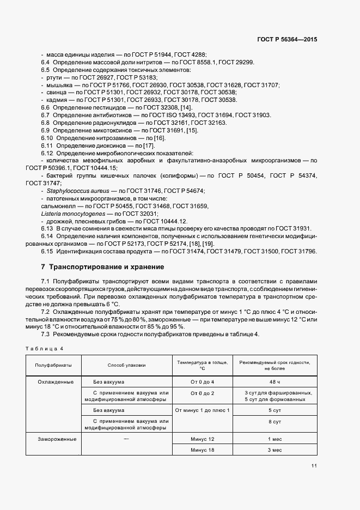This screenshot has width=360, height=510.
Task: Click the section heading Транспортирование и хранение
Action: [x=102, y=268]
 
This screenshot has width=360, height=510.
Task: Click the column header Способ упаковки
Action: [x=126, y=365]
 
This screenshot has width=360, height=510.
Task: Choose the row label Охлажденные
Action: [x=55, y=382]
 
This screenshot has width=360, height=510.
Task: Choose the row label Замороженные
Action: [x=57, y=439]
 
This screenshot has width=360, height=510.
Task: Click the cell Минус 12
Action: [x=203, y=439]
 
